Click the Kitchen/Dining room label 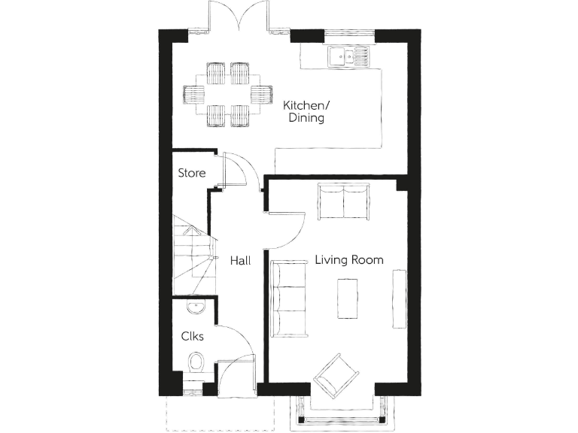pos(305,111)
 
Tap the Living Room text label pos(348,260)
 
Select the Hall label pos(240,260)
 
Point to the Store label pos(191,173)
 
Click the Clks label pos(192,336)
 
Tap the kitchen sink pos(348,55)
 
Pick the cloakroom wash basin pos(194,305)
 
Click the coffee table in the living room pos(348,298)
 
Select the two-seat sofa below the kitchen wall pos(343,201)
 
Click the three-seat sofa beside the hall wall pos(287,298)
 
